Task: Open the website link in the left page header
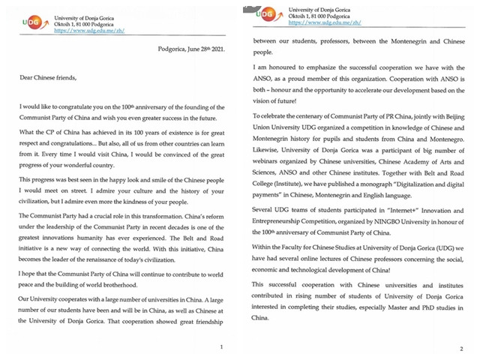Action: click(x=78, y=29)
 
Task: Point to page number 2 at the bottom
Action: click(x=460, y=349)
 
